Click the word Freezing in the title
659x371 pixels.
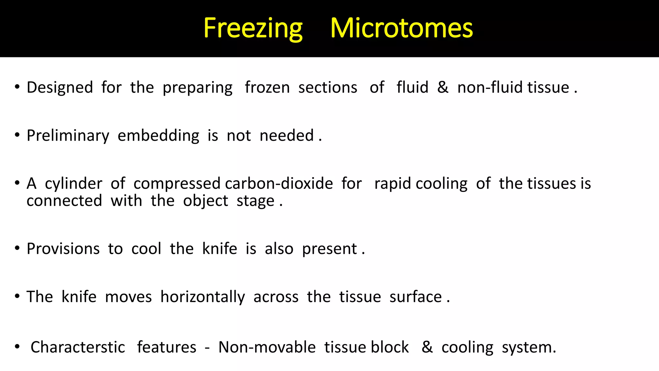click(x=253, y=28)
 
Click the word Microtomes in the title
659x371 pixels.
click(x=402, y=28)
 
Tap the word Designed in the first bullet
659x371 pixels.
click(x=60, y=88)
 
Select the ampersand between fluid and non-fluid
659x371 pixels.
click(x=443, y=88)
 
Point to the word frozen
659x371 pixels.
click(x=267, y=88)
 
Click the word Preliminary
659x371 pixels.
click(x=68, y=136)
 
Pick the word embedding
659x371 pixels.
click(x=158, y=136)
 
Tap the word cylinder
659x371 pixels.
click(x=73, y=184)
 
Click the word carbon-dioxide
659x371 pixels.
click(x=279, y=184)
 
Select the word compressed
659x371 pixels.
click(x=177, y=184)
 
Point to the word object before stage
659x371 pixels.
click(x=206, y=201)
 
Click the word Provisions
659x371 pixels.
click(x=63, y=249)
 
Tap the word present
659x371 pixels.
click(x=329, y=249)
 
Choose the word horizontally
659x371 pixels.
click(x=203, y=297)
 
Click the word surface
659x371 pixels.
click(x=415, y=297)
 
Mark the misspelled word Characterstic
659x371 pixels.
click(x=78, y=347)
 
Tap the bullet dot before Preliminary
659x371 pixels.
click(x=17, y=135)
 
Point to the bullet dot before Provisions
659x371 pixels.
click(x=17, y=248)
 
